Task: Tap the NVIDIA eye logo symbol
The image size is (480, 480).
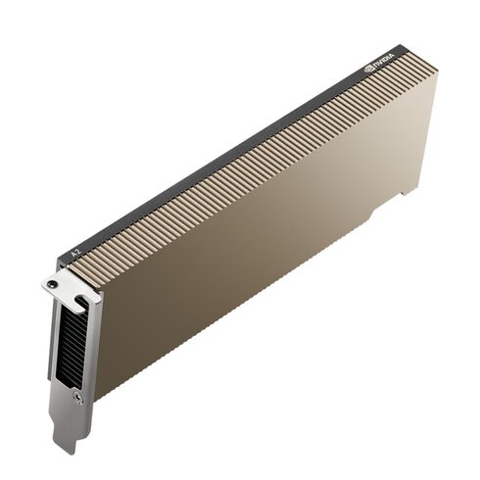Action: tap(368, 68)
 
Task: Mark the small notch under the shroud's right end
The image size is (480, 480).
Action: tap(405, 192)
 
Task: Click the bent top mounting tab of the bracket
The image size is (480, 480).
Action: tap(67, 285)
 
